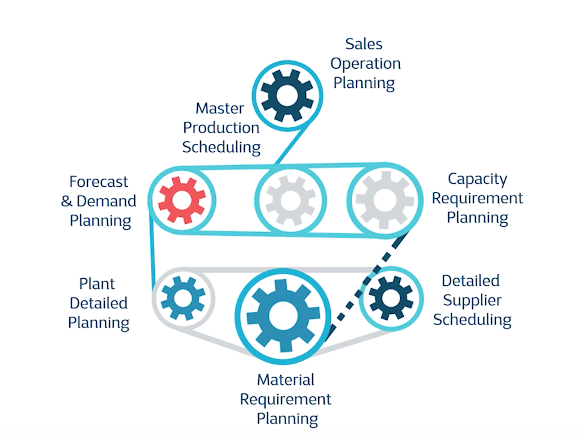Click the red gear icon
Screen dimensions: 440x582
pos(182,200)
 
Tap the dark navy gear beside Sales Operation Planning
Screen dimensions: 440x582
pos(287,95)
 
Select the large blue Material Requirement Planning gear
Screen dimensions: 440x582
pos(283,316)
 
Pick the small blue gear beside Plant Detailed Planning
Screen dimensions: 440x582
pos(183,298)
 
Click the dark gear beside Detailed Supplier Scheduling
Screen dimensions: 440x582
pos(391,298)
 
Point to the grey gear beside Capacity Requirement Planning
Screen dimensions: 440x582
pos(384,200)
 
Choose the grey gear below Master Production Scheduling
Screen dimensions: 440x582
pos(291,200)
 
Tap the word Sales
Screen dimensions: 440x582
pos(364,44)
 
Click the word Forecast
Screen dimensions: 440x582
pos(98,182)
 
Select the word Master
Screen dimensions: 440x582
pos(220,109)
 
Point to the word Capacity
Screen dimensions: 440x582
pos(477,179)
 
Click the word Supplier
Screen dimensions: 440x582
pos(472,300)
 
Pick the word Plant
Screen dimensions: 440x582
pos(97,284)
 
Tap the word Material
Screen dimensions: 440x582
pos(285,380)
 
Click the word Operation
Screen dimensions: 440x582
pos(365,64)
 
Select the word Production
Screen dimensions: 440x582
pos(221,128)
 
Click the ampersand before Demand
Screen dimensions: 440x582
pos(67,201)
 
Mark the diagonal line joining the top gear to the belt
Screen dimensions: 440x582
pos(291,146)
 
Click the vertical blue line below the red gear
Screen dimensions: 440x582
pos(151,251)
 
